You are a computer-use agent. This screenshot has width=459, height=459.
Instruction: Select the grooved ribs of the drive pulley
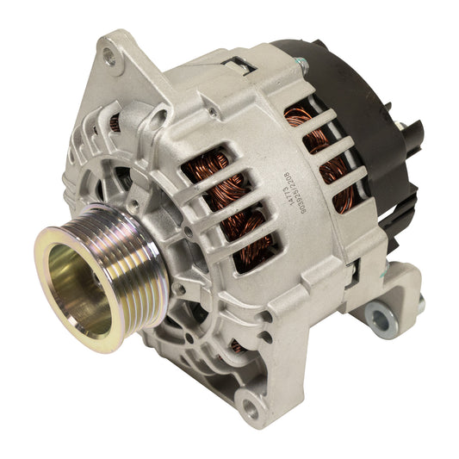pyautogui.click(x=129, y=250)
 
